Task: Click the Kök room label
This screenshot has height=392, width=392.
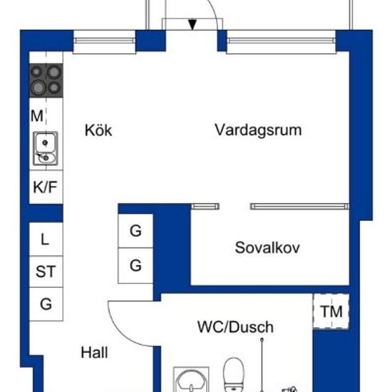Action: [x=98, y=131]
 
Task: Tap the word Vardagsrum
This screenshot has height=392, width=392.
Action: [x=258, y=130]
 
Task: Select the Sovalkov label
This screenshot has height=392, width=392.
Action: [x=267, y=248]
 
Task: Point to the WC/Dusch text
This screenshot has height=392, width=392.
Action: [x=235, y=327]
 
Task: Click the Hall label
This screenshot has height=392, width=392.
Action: [x=94, y=353]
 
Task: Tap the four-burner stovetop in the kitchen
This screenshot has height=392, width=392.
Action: [x=46, y=80]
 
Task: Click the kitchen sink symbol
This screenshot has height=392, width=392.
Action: [x=45, y=148]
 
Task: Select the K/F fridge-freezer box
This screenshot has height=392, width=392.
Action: [x=46, y=187]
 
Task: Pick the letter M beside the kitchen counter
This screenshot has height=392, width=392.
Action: [x=36, y=115]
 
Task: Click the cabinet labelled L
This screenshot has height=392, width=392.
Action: [x=46, y=239]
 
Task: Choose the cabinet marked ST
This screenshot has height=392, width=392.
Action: [x=46, y=272]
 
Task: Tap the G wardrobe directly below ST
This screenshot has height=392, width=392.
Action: [x=46, y=304]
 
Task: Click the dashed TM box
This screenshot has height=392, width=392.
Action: [x=330, y=311]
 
